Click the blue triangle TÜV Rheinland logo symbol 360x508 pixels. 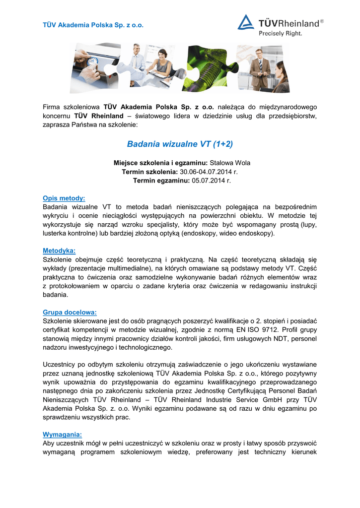point(246,22)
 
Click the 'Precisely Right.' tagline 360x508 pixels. point(280,34)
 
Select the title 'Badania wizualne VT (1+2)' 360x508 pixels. point(180,144)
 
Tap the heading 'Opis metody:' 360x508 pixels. point(64,197)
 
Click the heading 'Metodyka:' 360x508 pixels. point(59,251)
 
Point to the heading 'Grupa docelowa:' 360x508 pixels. point(70,313)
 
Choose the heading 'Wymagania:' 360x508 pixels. point(62,435)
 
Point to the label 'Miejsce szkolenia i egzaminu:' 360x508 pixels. point(160,163)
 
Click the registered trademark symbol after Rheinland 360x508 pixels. point(322,21)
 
